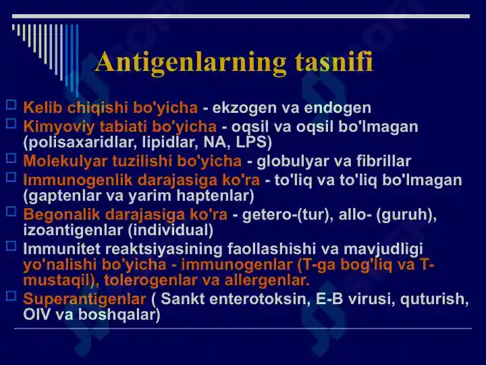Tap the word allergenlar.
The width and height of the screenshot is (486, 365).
(267, 280)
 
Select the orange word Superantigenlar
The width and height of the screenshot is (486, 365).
(84, 299)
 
